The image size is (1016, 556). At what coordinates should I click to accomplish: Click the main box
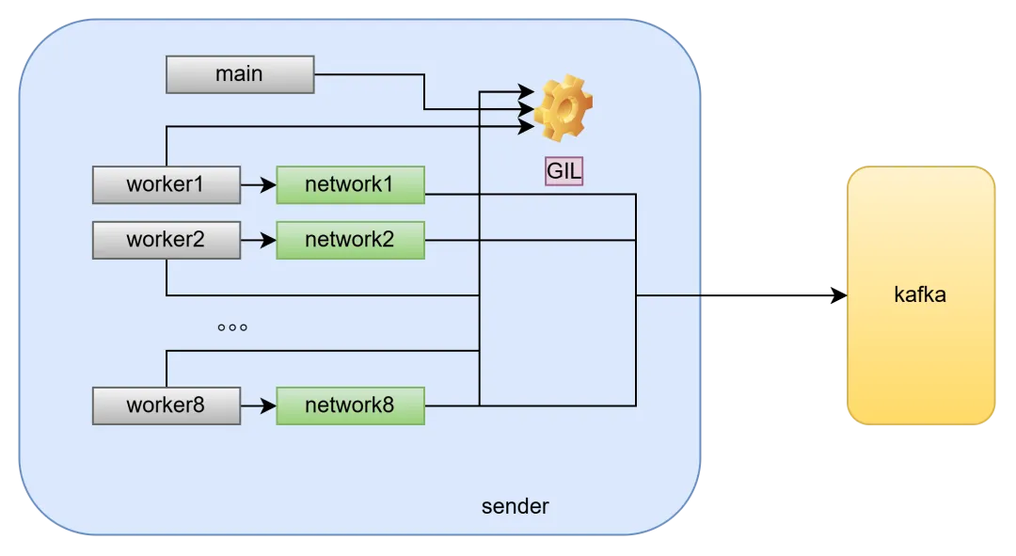pyautogui.click(x=240, y=74)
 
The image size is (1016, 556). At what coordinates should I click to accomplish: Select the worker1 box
pyautogui.click(x=167, y=184)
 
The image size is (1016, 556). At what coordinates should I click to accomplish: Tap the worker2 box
pyautogui.click(x=167, y=241)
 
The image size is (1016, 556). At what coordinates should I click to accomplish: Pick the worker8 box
pyautogui.click(x=167, y=405)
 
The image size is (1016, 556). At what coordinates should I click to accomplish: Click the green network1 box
pyautogui.click(x=351, y=184)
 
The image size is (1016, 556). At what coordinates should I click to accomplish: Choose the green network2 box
pyautogui.click(x=351, y=241)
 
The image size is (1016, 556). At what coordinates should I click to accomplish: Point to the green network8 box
pyautogui.click(x=351, y=405)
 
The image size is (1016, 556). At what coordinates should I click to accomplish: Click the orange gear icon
pyautogui.click(x=564, y=108)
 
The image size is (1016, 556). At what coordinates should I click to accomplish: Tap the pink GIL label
pyautogui.click(x=564, y=171)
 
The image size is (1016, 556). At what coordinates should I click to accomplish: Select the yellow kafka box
pyautogui.click(x=921, y=295)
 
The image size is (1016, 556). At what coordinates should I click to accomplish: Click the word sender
pyautogui.click(x=516, y=506)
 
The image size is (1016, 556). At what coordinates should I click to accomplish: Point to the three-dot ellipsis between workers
pyautogui.click(x=232, y=327)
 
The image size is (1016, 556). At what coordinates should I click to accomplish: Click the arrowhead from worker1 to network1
pyautogui.click(x=268, y=184)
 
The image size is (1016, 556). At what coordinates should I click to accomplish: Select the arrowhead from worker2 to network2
pyautogui.click(x=268, y=241)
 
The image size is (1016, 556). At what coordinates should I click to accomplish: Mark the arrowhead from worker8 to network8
pyautogui.click(x=268, y=405)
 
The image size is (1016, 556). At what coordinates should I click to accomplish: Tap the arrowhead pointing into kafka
pyautogui.click(x=839, y=295)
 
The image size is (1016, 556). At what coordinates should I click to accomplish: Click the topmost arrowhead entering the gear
pyautogui.click(x=526, y=92)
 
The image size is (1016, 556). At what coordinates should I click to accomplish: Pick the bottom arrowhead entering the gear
pyautogui.click(x=526, y=126)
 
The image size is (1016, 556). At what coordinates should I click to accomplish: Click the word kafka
pyautogui.click(x=920, y=294)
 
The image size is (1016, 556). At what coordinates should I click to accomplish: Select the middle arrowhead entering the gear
pyautogui.click(x=526, y=109)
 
